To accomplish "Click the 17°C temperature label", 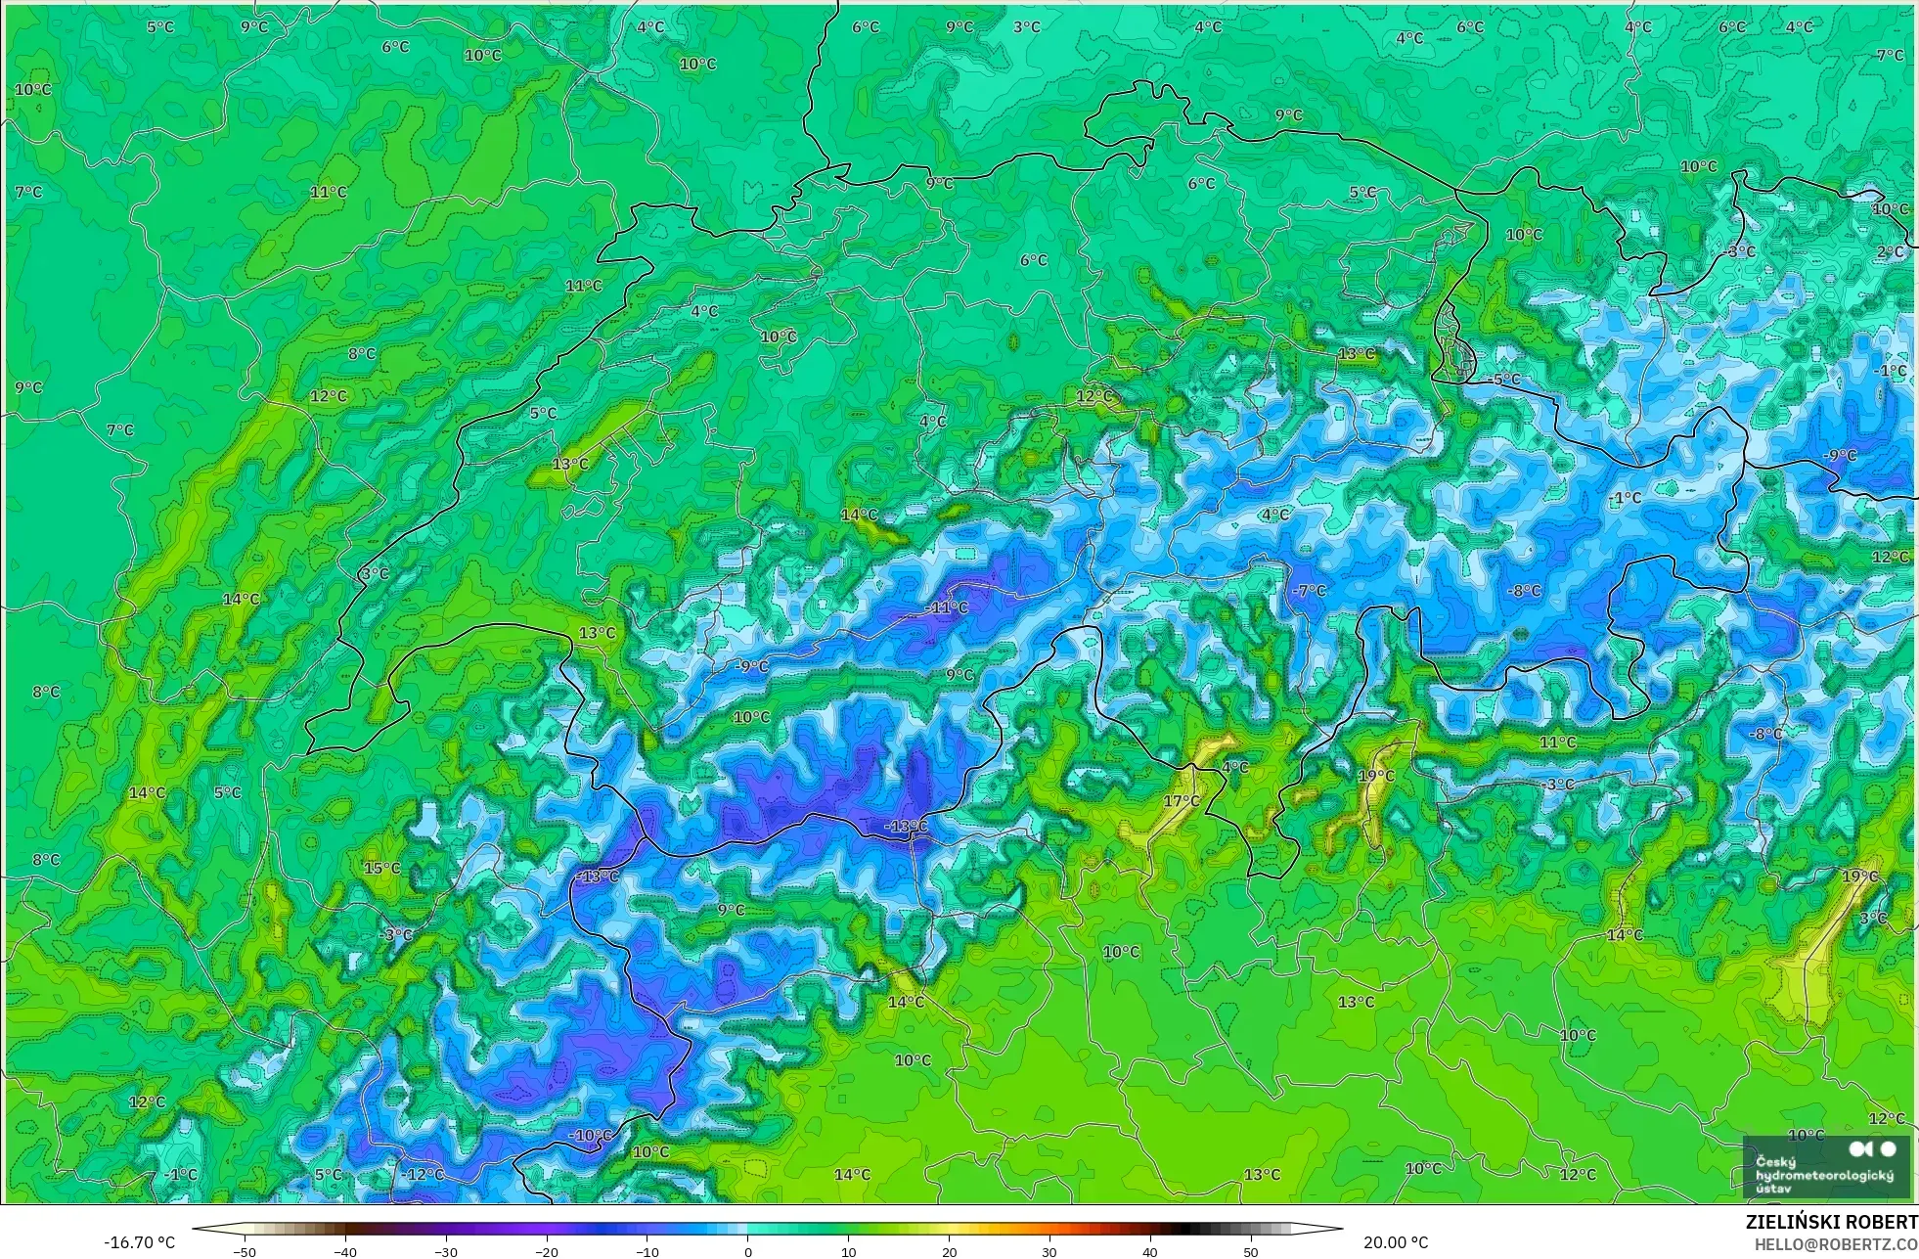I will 1181,801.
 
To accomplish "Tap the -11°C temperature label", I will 946,607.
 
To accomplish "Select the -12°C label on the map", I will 422,1174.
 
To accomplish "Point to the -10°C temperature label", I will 590,1136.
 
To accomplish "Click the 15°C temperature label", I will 381,868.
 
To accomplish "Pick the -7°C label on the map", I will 1309,591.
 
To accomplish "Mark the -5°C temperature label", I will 1503,380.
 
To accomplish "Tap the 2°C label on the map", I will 1890,251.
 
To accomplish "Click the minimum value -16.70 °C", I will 139,1242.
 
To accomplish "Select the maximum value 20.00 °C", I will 1395,1242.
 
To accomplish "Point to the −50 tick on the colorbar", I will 245,1251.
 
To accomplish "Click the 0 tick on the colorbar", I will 747,1251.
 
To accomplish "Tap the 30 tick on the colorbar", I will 1049,1251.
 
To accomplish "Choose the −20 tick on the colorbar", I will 546,1251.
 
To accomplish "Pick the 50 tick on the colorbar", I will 1251,1251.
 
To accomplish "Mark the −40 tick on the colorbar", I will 345,1251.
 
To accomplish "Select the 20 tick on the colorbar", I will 949,1251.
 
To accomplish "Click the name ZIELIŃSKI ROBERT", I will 1831,1223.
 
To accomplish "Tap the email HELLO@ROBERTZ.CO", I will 1835,1244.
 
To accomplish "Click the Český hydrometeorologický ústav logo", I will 1825,1166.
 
